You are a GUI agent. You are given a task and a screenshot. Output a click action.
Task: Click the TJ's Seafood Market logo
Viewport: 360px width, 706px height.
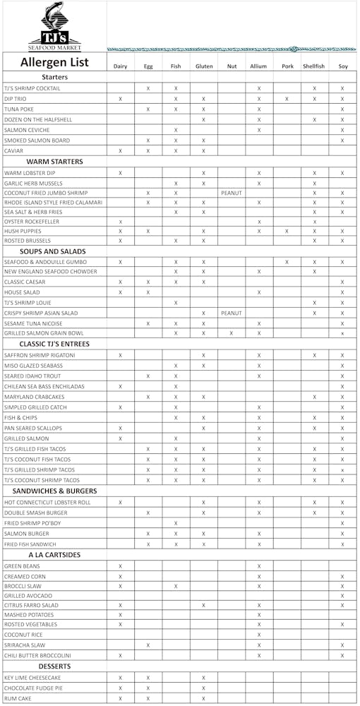click(x=54, y=26)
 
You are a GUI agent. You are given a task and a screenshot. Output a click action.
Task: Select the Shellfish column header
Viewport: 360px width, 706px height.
click(x=314, y=66)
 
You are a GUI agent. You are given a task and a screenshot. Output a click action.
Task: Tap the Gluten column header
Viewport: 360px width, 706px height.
click(x=203, y=66)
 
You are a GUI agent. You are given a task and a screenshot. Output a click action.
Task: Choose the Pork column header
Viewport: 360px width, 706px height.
click(x=287, y=66)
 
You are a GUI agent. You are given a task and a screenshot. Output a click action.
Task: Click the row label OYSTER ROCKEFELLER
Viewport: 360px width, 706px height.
click(x=32, y=222)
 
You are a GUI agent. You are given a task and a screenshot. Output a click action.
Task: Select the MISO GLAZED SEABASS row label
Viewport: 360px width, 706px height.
click(x=32, y=366)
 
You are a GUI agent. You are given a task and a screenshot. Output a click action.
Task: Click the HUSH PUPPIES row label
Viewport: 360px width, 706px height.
click(x=23, y=232)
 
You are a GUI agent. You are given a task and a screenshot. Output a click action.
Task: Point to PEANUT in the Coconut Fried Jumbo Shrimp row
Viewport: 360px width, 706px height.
click(x=232, y=193)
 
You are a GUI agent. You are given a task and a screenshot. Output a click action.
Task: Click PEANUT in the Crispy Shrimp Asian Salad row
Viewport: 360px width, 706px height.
click(x=232, y=313)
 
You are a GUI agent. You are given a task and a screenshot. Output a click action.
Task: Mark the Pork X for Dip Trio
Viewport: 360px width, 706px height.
click(x=287, y=99)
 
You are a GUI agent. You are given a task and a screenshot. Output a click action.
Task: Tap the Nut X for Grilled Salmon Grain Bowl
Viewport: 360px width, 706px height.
click(x=232, y=333)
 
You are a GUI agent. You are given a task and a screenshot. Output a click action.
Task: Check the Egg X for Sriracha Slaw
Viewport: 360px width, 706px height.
click(x=148, y=645)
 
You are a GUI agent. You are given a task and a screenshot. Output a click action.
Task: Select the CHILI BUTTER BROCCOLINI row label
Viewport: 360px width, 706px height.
click(x=37, y=656)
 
